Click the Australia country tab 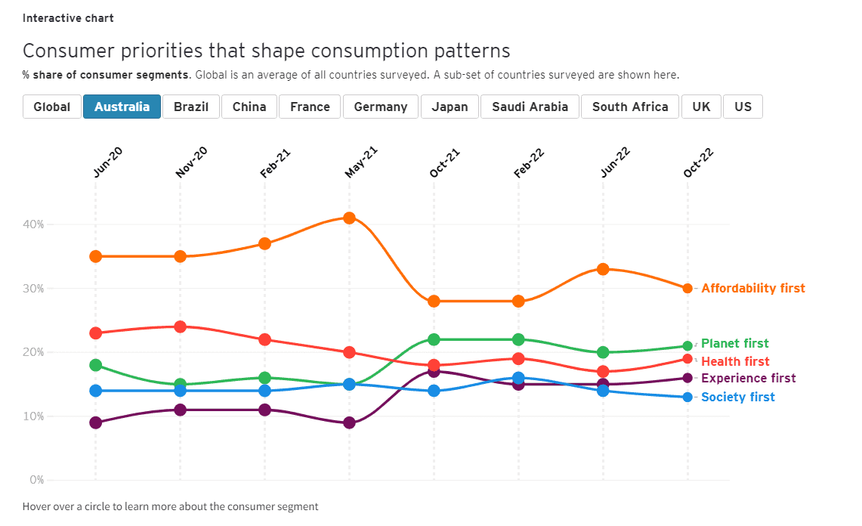(x=122, y=107)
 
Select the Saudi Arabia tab (x=530, y=107)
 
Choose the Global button (x=51, y=107)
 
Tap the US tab (x=743, y=107)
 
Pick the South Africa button (x=630, y=107)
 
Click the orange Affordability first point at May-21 (x=349, y=218)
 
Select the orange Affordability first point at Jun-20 (x=95, y=256)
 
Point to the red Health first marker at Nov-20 (x=180, y=326)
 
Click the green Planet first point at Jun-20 (x=95, y=365)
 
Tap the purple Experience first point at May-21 (x=349, y=422)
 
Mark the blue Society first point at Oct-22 (x=687, y=397)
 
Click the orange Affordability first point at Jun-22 (x=603, y=269)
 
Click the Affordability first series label (x=752, y=288)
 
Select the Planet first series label (x=734, y=343)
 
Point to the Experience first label (x=748, y=378)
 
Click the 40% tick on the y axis (x=34, y=224)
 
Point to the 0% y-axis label (x=36, y=480)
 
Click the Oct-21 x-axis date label (x=444, y=162)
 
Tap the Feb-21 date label (x=275, y=162)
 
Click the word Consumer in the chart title (x=63, y=51)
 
